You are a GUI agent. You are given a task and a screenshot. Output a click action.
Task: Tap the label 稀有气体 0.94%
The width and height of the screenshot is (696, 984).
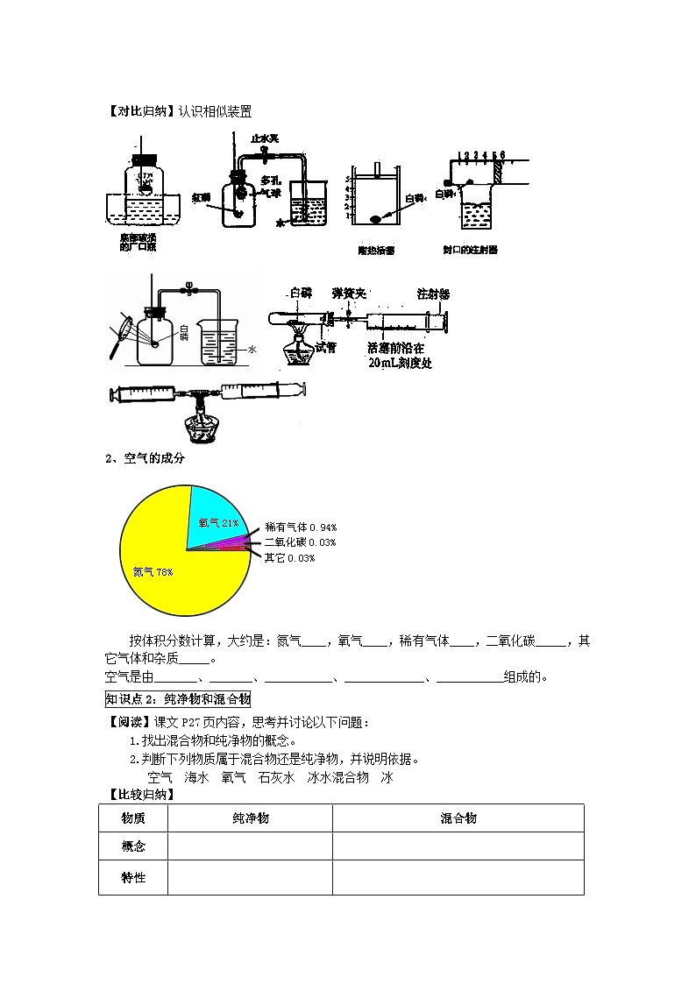(301, 527)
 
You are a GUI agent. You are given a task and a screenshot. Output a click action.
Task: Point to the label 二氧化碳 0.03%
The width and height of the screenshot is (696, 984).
(301, 543)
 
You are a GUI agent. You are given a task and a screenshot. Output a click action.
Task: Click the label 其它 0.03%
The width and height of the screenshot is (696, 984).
(289, 558)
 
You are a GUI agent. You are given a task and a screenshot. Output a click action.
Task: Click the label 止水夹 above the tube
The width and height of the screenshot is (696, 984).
(264, 138)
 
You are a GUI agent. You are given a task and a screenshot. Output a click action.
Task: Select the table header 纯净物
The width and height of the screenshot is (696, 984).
(250, 818)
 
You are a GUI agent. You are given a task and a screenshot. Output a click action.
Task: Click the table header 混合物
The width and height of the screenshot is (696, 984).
(458, 818)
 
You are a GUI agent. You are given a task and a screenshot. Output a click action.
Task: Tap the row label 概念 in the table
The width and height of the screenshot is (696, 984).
(133, 846)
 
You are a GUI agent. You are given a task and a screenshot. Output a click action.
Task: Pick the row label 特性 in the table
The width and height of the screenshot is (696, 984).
(133, 877)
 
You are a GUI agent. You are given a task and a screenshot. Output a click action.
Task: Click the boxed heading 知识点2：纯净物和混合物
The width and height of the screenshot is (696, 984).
(178, 698)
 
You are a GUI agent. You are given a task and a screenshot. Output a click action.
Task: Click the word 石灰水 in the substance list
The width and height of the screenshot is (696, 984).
(277, 777)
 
